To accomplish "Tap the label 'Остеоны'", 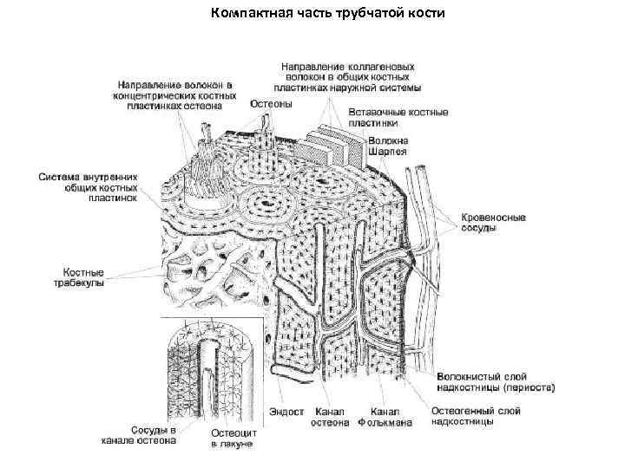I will click(272, 103).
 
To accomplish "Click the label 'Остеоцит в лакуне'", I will click(232, 438).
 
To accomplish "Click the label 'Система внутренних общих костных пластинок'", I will click(88, 186).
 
